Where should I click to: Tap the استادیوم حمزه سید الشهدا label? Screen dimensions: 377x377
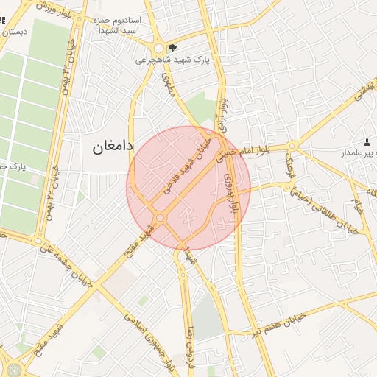118,27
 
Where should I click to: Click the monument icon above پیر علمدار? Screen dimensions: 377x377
367,141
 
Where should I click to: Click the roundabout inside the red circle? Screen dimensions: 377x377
160,217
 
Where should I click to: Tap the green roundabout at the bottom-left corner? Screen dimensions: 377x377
13,369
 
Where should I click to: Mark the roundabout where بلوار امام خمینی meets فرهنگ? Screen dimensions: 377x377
292,145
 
